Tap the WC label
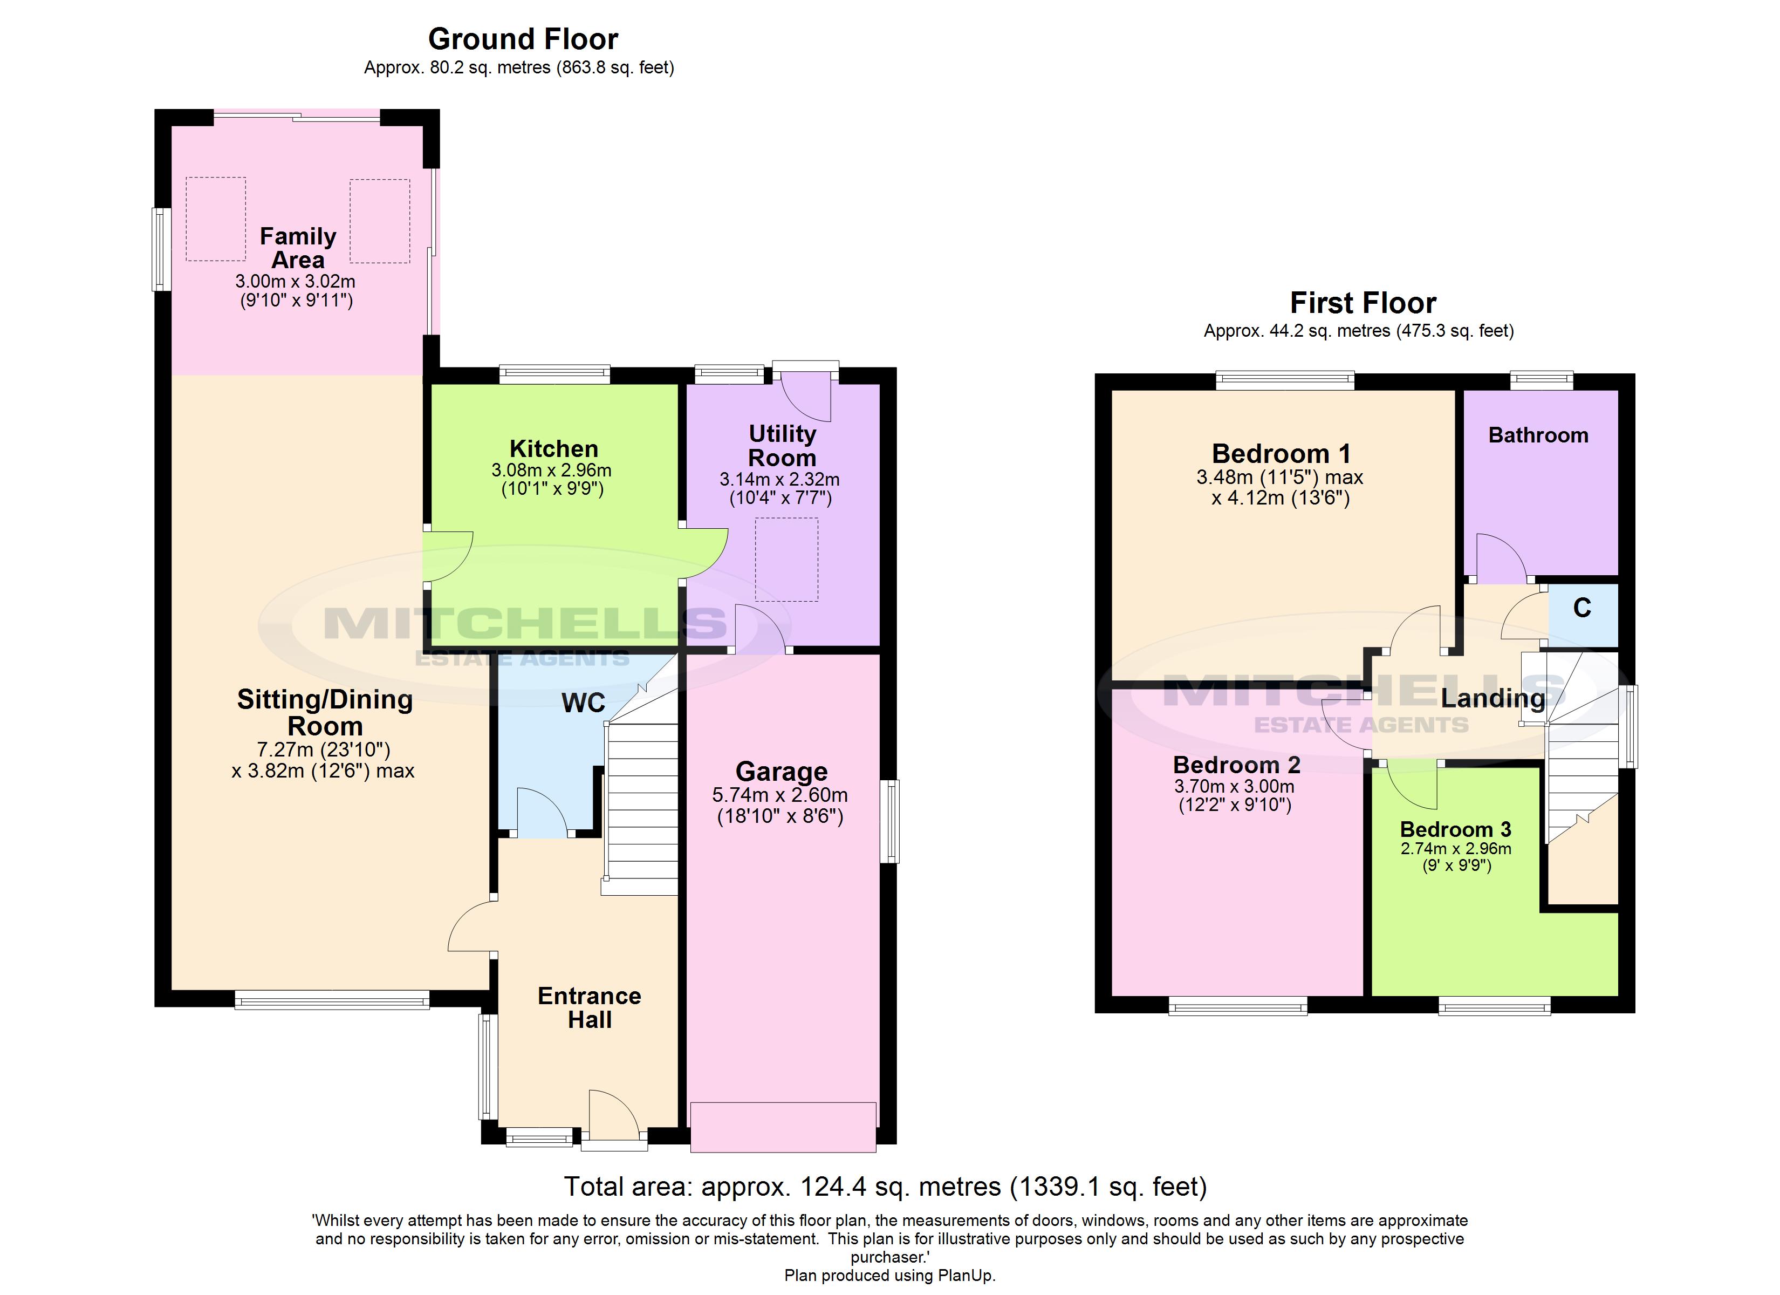[x=583, y=703]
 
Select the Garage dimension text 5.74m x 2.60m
[x=779, y=795]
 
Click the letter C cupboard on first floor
[x=1582, y=608]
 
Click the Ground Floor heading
[x=523, y=39]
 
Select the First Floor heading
[x=1363, y=303]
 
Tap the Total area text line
[x=885, y=1187]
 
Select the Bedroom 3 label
[x=1455, y=829]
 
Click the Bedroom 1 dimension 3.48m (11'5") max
[x=1279, y=478]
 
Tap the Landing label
[x=1492, y=698]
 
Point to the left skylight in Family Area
[x=216, y=219]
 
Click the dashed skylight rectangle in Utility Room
[x=786, y=559]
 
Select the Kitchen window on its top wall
[x=555, y=374]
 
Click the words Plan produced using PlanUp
[x=889, y=1276]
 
